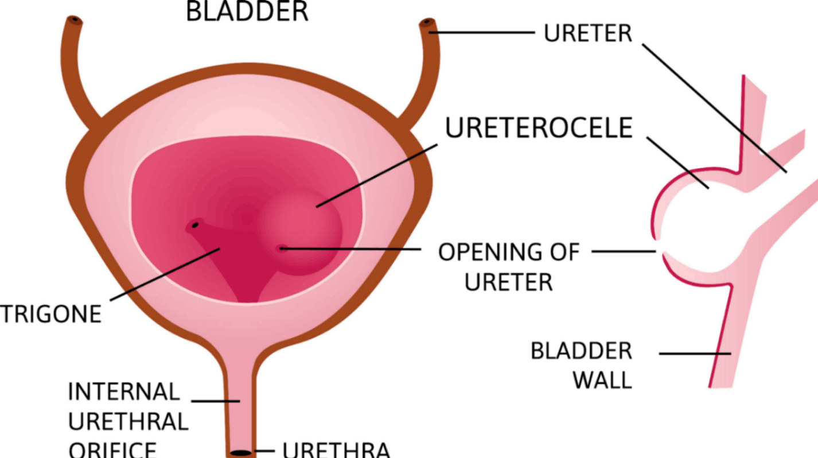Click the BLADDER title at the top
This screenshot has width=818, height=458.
click(x=247, y=11)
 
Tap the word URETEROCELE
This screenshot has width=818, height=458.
click(x=539, y=129)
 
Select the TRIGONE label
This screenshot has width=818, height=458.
click(x=50, y=314)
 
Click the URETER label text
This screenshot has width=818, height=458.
click(x=587, y=33)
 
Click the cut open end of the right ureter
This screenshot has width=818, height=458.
click(x=427, y=24)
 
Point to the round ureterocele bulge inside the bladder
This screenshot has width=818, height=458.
click(x=301, y=230)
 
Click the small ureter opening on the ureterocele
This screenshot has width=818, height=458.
click(x=282, y=249)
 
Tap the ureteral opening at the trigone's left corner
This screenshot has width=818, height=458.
click(x=196, y=225)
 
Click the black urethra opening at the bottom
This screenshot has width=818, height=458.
click(x=242, y=453)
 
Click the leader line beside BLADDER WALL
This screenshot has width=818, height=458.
click(x=694, y=354)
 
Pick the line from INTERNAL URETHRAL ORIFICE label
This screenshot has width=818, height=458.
click(x=215, y=400)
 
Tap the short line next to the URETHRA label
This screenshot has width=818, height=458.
click(x=266, y=451)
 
